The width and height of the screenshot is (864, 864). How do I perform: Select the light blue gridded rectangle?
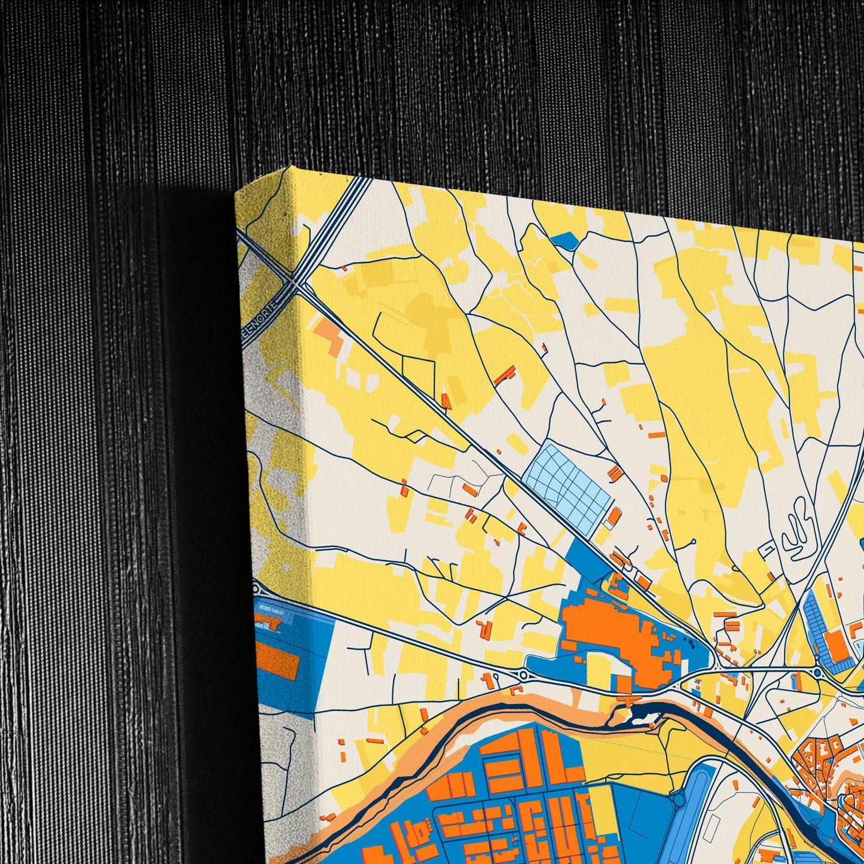click(566, 481)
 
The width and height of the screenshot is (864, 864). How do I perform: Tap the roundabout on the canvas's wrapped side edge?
click(258, 588)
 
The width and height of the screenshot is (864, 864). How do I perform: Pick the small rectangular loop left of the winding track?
click(768, 548)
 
